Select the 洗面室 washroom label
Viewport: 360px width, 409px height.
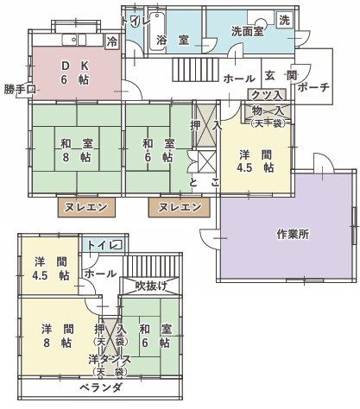pyautogui.click(x=249, y=32)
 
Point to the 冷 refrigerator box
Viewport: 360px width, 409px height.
pyautogui.click(x=111, y=41)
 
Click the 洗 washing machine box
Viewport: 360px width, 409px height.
pyautogui.click(x=283, y=20)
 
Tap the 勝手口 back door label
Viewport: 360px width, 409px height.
pyautogui.click(x=16, y=89)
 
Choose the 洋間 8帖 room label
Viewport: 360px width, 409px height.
pyautogui.click(x=56, y=334)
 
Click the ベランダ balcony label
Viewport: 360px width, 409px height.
pyautogui.click(x=100, y=387)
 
